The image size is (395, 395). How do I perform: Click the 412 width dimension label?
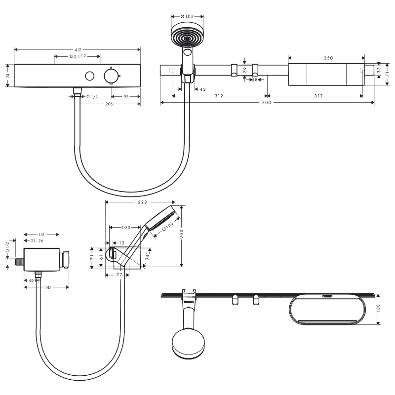(x=78, y=50)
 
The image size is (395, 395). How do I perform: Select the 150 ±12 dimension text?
(x=78, y=56)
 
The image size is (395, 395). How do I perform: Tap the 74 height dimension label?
(x=8, y=76)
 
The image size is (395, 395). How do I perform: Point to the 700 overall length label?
(x=266, y=102)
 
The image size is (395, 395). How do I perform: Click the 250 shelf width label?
(x=328, y=58)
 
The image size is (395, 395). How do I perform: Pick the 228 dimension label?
(x=142, y=202)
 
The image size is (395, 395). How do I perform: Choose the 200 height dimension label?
(x=182, y=234)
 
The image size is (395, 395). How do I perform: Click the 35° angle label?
(x=148, y=256)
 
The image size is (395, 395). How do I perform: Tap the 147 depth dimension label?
(x=48, y=287)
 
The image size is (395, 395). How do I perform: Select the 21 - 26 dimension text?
(x=37, y=241)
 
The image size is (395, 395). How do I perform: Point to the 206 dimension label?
(x=109, y=104)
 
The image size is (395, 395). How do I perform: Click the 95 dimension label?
(x=126, y=96)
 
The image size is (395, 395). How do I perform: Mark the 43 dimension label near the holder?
(x=203, y=89)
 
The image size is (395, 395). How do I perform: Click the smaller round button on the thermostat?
(x=90, y=76)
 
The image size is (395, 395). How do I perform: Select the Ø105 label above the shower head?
(x=187, y=17)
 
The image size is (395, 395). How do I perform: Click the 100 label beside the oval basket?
(x=378, y=309)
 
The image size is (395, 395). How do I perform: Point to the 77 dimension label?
(x=119, y=275)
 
